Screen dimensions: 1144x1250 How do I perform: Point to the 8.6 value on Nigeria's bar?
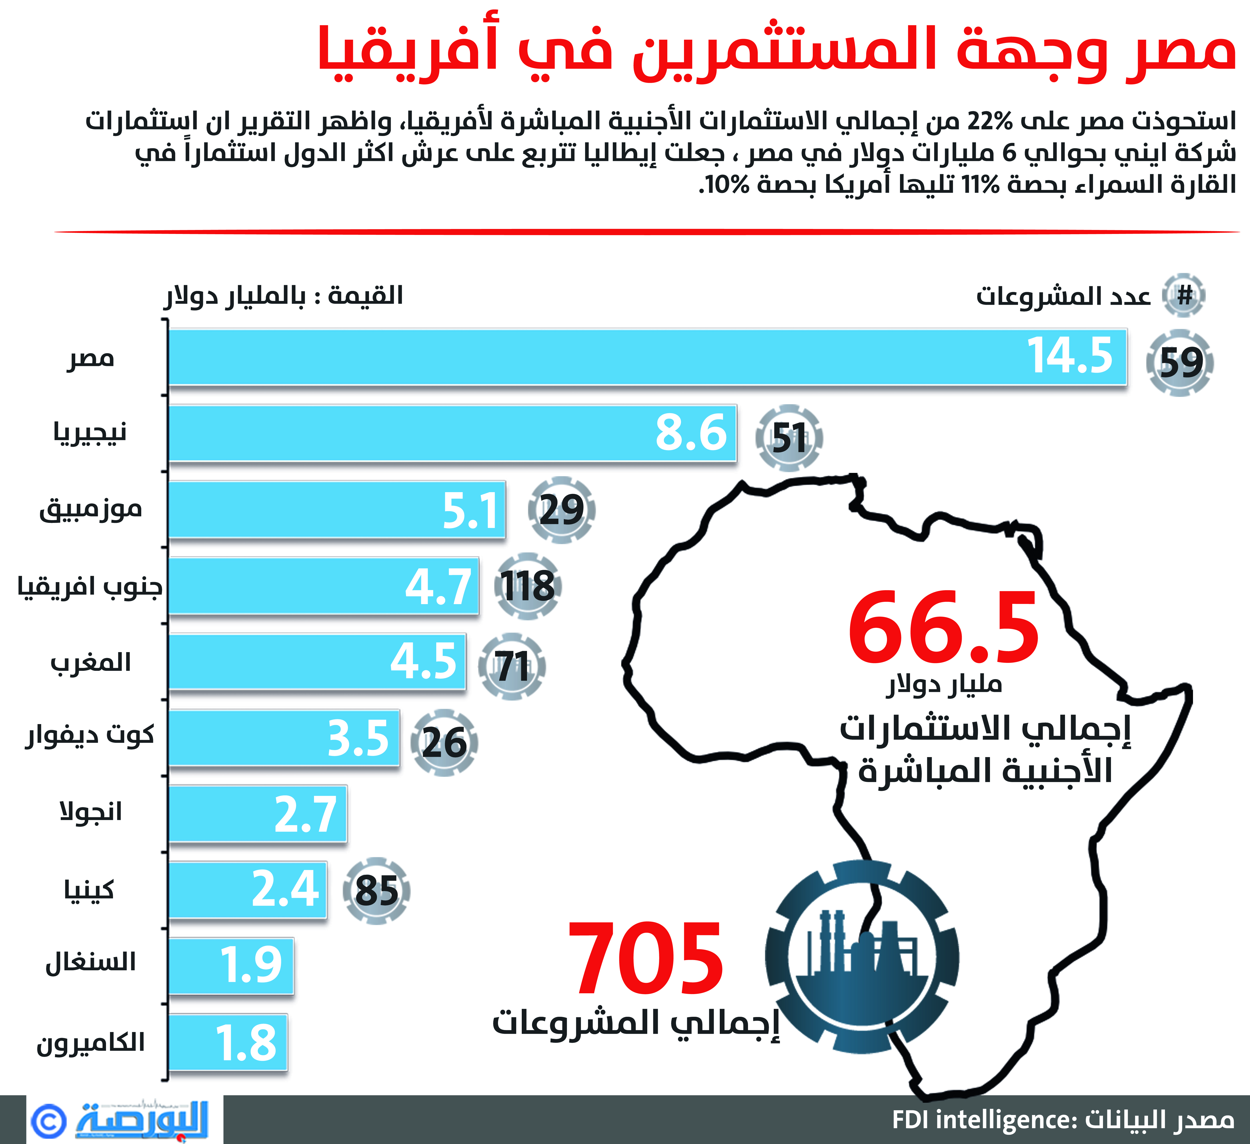coord(691,433)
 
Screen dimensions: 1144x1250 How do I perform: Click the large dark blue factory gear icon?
coord(862,958)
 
